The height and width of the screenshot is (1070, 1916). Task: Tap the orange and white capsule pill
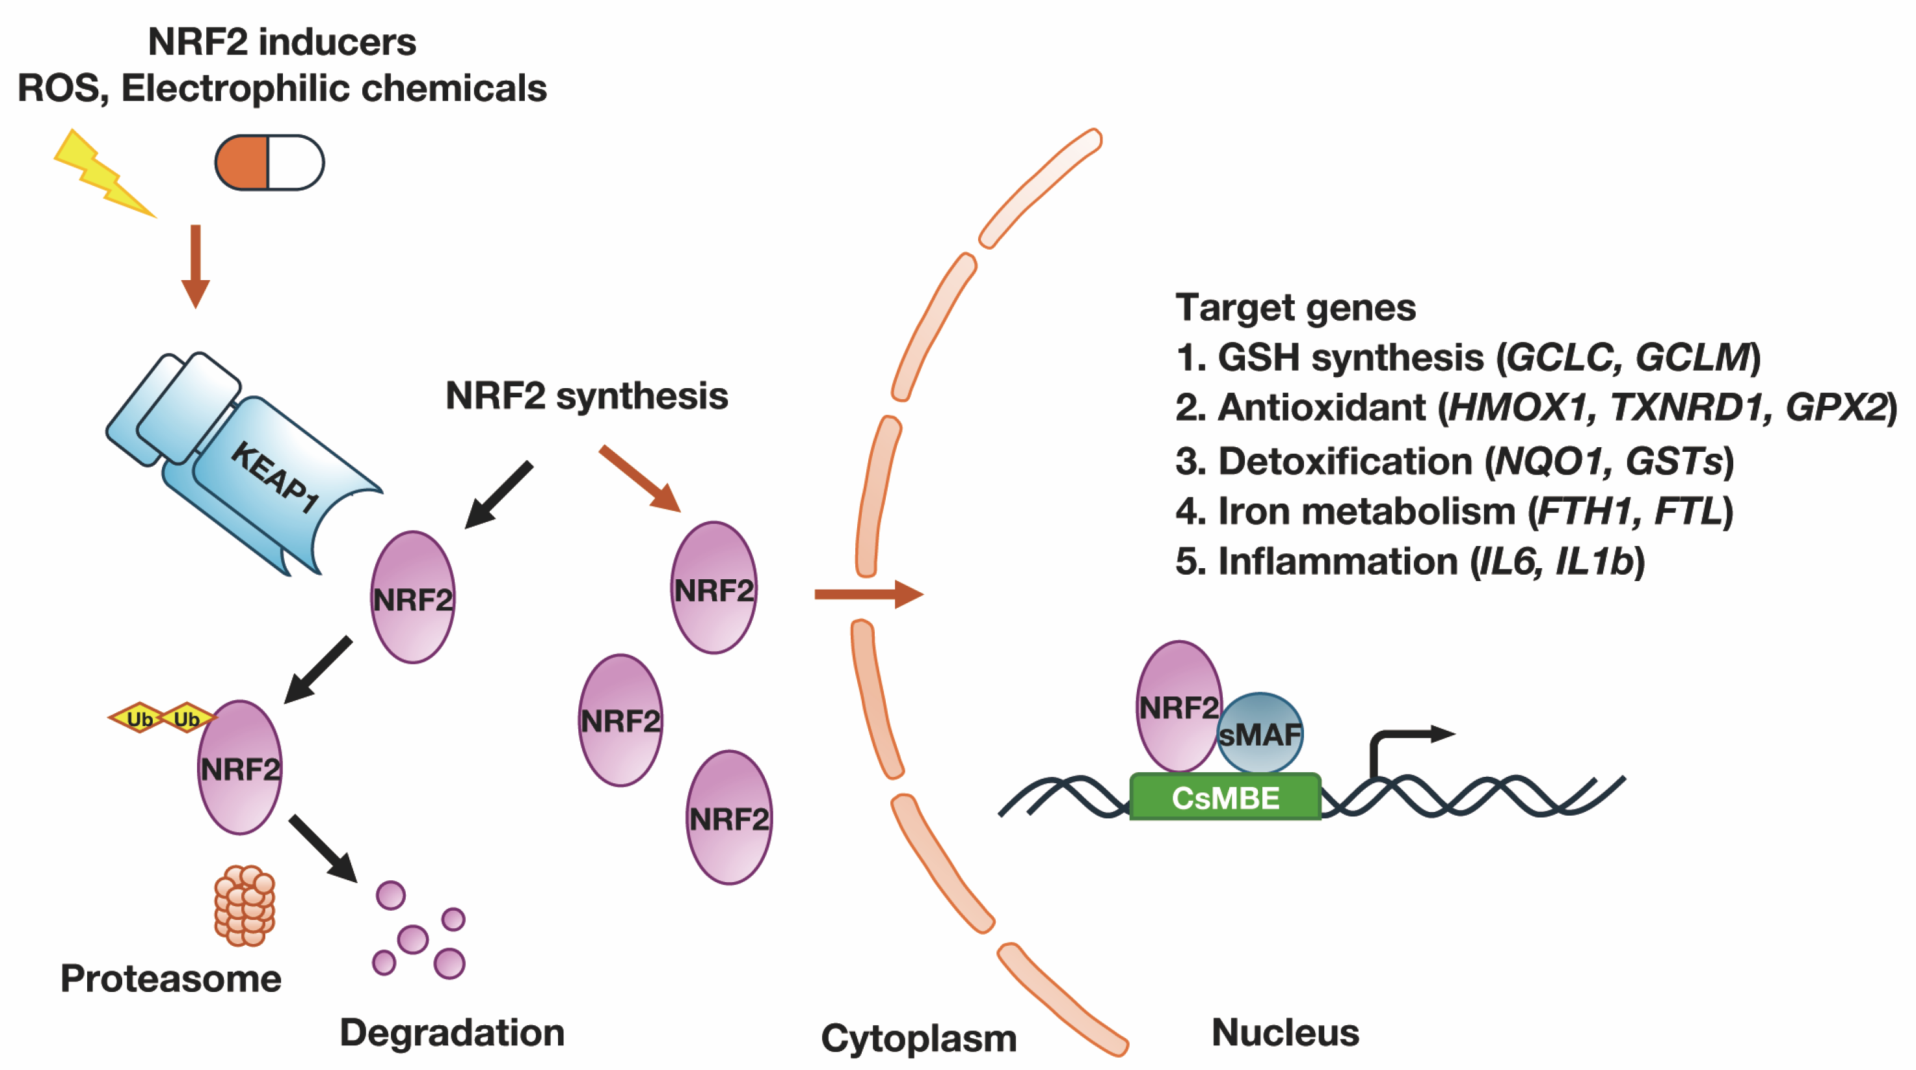(269, 162)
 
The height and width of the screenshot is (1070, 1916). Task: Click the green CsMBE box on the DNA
(1225, 798)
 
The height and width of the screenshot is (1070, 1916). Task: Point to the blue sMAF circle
(1260, 734)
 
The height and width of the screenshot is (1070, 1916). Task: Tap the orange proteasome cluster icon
(245, 905)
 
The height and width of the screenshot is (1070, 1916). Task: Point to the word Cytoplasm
(918, 1037)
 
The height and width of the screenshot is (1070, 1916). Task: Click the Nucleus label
(1284, 1032)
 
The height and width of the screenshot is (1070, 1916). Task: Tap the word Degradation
(451, 1032)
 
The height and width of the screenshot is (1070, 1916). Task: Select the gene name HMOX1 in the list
(1517, 408)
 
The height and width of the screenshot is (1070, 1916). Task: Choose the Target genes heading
(1295, 307)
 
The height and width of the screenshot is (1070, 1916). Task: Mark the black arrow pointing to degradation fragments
(323, 848)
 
